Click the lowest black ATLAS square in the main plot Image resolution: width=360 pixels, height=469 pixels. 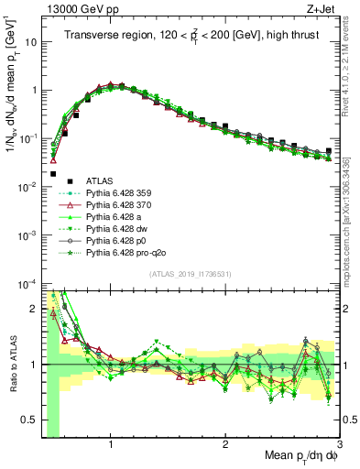53,173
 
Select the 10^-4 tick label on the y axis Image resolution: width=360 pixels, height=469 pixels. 28,283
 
